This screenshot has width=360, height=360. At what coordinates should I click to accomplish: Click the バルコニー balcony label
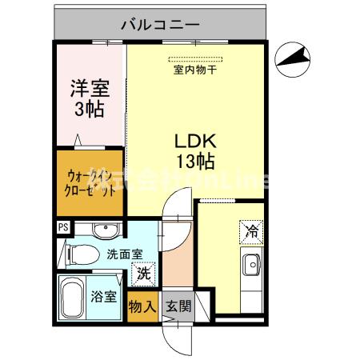[x=160, y=24]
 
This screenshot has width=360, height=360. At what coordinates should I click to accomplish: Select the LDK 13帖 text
[x=194, y=150]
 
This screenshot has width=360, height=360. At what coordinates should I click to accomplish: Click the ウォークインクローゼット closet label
[x=89, y=186]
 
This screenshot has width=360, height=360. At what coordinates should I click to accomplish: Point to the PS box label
[x=62, y=228]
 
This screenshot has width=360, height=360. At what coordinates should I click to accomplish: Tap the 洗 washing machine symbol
[x=142, y=272]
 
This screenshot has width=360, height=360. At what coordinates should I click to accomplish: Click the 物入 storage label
[x=142, y=307]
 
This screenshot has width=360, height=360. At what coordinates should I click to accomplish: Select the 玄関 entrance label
[x=178, y=307]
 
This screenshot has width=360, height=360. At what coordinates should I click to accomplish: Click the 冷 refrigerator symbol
[x=250, y=232]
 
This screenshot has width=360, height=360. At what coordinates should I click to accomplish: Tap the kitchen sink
[x=251, y=263]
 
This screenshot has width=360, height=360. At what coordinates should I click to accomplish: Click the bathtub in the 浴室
[x=72, y=297]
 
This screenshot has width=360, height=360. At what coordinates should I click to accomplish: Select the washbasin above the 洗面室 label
[x=105, y=231]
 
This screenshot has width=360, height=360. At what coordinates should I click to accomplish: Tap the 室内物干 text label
[x=194, y=70]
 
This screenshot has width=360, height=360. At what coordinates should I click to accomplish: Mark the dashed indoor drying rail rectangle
[x=195, y=58]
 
